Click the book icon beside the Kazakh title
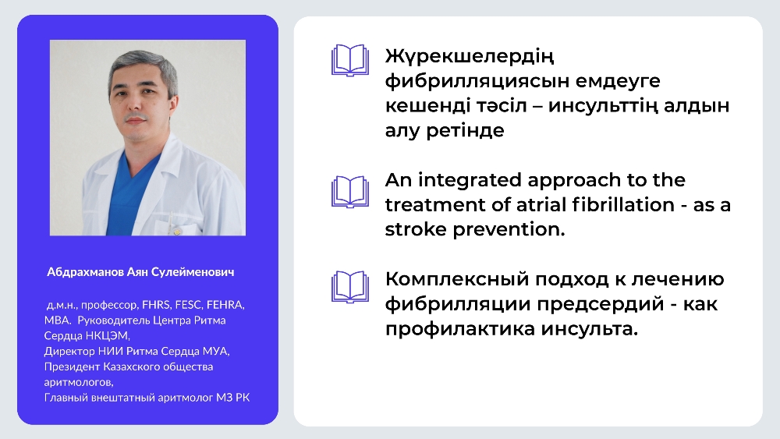pyautogui.click(x=350, y=60)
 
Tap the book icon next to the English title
pyautogui.click(x=350, y=191)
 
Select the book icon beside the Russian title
pyautogui.click(x=350, y=287)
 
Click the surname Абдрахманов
pyautogui.click(x=85, y=272)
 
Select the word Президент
pyautogui.click(x=72, y=367)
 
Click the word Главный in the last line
pyautogui.click(x=66, y=398)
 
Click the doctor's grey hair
pyautogui.click(x=144, y=67)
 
